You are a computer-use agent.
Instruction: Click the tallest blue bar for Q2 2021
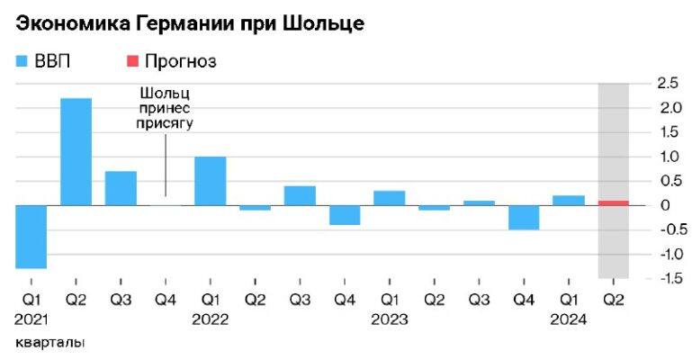(76, 151)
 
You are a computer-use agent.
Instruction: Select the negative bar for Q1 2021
(31, 237)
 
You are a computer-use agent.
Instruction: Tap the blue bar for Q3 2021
(121, 188)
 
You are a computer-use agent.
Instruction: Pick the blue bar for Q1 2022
(210, 181)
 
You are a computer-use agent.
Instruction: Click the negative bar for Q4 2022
(345, 214)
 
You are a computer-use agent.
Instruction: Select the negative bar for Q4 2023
(524, 217)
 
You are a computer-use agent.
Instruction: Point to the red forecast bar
(613, 202)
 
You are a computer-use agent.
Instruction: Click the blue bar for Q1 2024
(569, 200)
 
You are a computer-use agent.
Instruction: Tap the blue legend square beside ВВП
(22, 61)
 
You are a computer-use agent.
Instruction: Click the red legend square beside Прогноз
(131, 61)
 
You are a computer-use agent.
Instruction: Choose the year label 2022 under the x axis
(210, 319)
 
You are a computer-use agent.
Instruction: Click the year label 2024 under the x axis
(569, 319)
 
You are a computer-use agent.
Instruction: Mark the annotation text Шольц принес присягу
(166, 109)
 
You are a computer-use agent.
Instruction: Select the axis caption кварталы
(51, 344)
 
